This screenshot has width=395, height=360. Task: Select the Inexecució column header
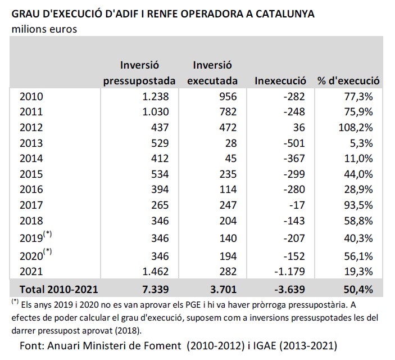[x=280, y=80]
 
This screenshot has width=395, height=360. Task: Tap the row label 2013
[x=31, y=143]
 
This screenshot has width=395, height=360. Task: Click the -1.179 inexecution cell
[x=289, y=272]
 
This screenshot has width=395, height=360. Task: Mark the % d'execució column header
[x=349, y=80]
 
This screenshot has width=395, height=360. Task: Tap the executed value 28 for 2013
[x=231, y=143]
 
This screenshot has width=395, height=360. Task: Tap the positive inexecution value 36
[x=299, y=128]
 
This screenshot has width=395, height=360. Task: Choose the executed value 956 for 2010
[x=228, y=96]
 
